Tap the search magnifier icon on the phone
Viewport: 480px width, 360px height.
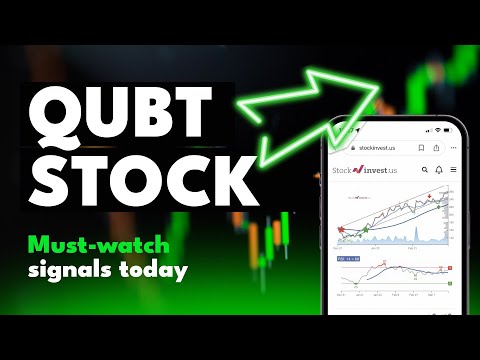pos(424,171)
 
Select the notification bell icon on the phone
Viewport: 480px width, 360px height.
pos(438,171)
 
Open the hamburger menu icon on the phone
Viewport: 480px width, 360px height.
pos(452,171)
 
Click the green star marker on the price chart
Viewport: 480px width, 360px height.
pos(365,228)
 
